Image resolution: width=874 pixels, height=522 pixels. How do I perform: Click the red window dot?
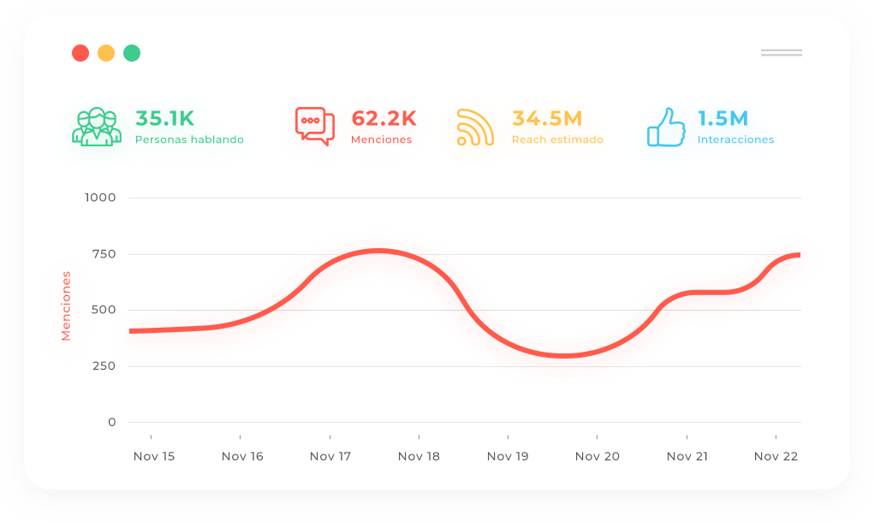pos(80,53)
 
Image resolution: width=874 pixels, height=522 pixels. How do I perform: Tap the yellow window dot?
pos(106,53)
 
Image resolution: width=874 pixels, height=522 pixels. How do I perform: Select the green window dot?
pos(132,53)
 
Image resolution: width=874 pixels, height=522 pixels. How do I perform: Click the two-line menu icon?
pos(781,53)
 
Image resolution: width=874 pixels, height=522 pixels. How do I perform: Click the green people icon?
pos(95,127)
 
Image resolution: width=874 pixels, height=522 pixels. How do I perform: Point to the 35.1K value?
pos(165,118)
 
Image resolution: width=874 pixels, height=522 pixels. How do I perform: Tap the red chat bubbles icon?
pos(314,127)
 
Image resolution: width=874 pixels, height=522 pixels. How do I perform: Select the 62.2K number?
pos(383,118)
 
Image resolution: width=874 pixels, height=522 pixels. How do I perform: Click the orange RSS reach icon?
pos(475,127)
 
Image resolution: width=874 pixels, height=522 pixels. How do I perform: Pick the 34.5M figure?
pos(547,118)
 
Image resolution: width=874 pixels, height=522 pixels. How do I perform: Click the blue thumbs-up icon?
pos(666,127)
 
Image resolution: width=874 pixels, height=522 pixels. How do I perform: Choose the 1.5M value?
pos(722,118)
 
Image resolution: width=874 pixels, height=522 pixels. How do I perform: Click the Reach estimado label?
pos(557,139)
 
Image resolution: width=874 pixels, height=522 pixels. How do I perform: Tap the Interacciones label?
pos(735,139)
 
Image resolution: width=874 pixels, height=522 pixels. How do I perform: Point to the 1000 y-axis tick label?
pos(99,198)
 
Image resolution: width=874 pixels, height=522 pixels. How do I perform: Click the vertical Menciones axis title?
pos(66,305)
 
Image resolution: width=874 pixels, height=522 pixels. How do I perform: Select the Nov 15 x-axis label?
pos(154,456)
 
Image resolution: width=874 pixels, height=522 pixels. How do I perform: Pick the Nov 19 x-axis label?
pos(508,456)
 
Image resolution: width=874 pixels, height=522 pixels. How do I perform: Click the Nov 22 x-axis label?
pos(776,456)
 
